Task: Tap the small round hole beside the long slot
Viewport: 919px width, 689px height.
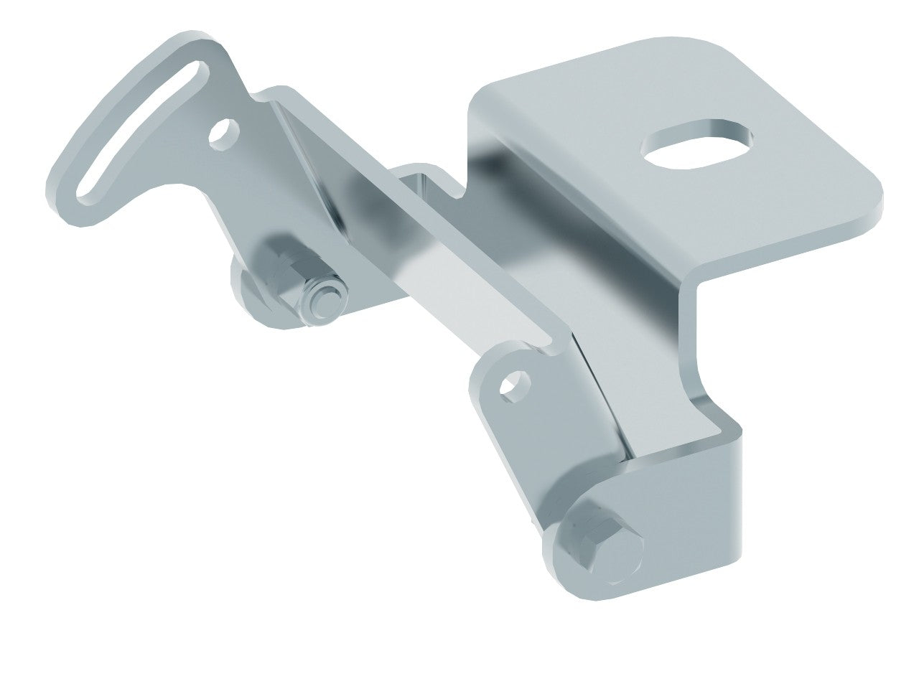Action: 225,133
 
